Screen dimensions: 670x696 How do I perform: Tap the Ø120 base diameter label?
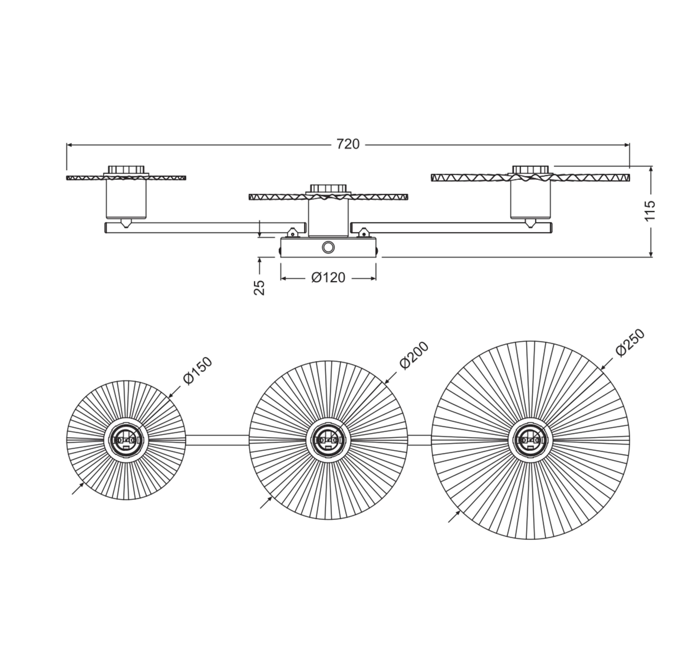coord(328,278)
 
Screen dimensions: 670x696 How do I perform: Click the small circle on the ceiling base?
coord(328,247)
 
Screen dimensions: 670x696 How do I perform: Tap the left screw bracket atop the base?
coord(293,233)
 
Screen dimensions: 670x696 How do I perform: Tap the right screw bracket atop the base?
coord(363,233)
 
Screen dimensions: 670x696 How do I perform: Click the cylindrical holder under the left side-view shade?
coord(126,199)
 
